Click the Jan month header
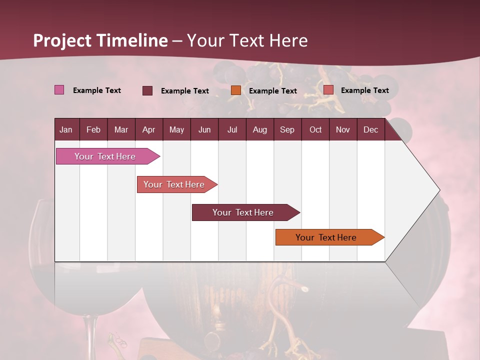click(x=66, y=130)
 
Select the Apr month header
click(x=148, y=130)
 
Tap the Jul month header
click(x=232, y=130)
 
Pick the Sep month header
click(x=287, y=130)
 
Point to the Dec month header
click(x=370, y=130)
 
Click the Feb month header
click(x=93, y=130)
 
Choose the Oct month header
click(x=315, y=130)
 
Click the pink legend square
click(x=59, y=90)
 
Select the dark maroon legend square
click(x=147, y=90)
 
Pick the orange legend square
click(x=236, y=90)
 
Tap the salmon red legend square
click(x=328, y=90)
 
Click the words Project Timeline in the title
click(x=100, y=40)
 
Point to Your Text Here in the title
click(x=247, y=40)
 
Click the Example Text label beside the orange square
click(x=273, y=91)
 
